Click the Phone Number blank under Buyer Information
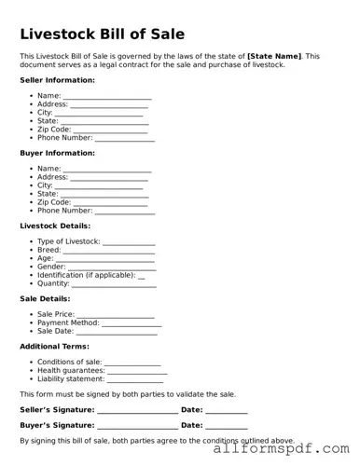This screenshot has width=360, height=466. [125, 211]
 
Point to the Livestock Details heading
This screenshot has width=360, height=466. [55, 226]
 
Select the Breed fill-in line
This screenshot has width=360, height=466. [93, 251]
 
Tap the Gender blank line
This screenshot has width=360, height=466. [98, 267]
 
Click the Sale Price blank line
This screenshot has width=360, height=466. [116, 315]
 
